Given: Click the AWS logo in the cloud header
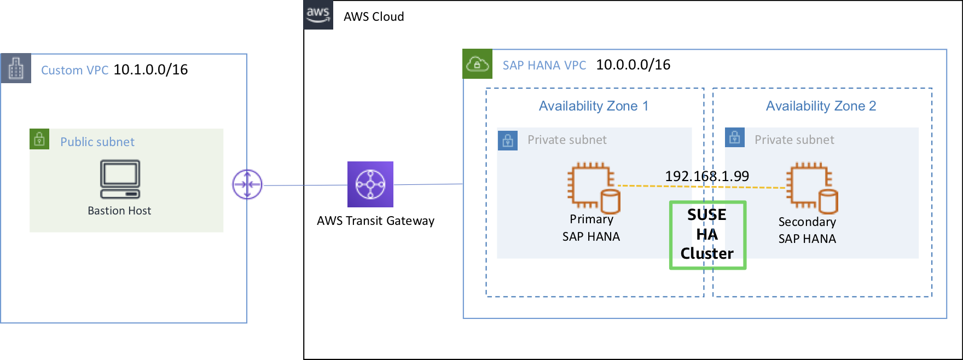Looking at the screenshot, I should (x=318, y=15).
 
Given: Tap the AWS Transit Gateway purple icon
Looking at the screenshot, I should (x=370, y=184).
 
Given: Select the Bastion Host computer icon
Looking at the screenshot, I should (x=120, y=179).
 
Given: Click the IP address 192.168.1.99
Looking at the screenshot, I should (x=707, y=176).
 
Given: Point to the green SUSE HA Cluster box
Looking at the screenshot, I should (x=707, y=235).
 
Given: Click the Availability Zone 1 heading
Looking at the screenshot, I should (x=594, y=106).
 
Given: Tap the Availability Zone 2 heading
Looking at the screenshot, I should (x=821, y=106).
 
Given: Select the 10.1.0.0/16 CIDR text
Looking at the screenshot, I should (x=150, y=69).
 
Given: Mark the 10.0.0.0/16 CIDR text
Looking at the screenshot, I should (x=633, y=65).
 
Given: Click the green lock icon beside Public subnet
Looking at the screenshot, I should (x=39, y=139).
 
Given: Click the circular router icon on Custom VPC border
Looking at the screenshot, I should (x=247, y=184).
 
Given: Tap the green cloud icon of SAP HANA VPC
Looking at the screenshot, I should (x=477, y=64).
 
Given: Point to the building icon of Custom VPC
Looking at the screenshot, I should (x=16, y=68).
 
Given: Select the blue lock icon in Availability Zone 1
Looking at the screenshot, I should (x=508, y=141).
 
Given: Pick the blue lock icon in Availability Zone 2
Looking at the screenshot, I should (x=735, y=137).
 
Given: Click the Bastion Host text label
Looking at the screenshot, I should (x=119, y=211).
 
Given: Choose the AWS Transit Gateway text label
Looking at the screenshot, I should (x=375, y=220).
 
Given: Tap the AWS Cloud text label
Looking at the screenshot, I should (x=374, y=16).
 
